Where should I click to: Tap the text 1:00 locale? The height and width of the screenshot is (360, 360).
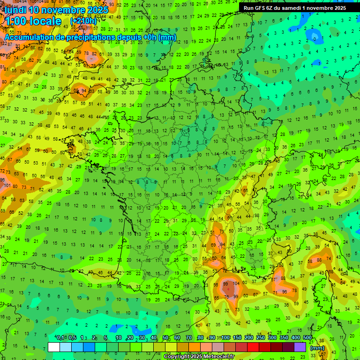coord(32,21)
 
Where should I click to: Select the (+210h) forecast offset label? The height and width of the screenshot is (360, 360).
coord(83,21)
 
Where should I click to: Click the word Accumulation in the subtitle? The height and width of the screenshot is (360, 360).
coord(28,37)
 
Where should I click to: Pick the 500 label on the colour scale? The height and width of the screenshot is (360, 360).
coord(307,338)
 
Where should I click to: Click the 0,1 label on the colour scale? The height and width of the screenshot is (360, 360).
coord(60,338)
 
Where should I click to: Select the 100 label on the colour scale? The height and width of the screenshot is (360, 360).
coord(225,338)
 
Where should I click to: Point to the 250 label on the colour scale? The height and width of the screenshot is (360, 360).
coord(261,338)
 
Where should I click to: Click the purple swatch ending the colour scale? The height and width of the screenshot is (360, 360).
coord(300,347)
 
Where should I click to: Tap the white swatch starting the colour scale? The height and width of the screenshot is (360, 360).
coord(54,347)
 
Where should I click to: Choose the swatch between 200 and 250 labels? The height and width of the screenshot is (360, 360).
coord(253,347)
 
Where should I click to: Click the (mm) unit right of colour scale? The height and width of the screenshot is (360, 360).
coord(317,348)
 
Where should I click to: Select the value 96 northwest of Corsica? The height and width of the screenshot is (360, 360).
coord(285,292)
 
